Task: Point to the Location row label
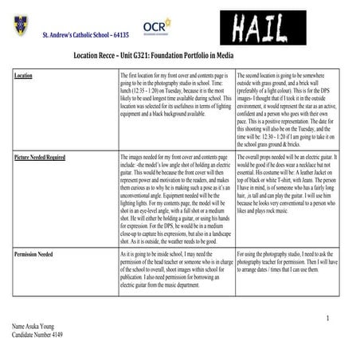(x=24, y=76)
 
